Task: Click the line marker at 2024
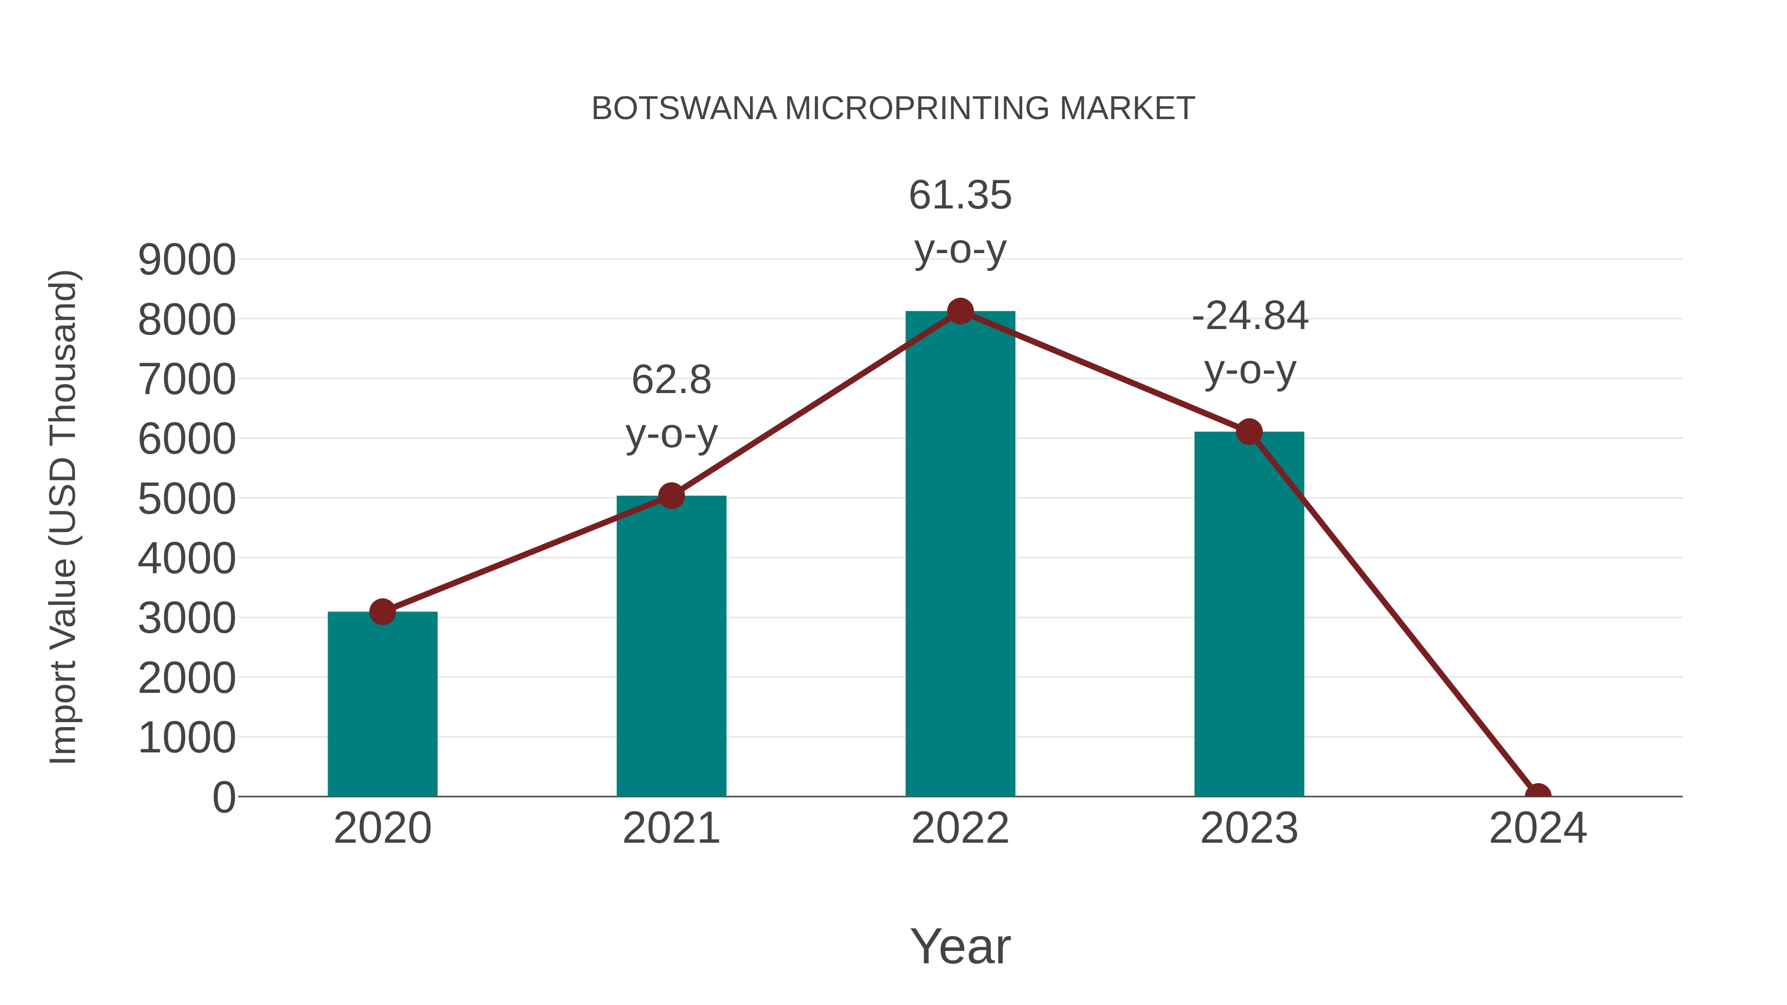click(x=1537, y=795)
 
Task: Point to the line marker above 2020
click(x=382, y=612)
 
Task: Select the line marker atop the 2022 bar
click(x=960, y=311)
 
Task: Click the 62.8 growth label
click(x=671, y=380)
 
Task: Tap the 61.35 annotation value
click(x=960, y=195)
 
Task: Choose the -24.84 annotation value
click(x=1249, y=316)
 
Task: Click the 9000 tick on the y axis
click(x=187, y=260)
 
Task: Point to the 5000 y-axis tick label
click(x=187, y=499)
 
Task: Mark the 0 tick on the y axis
click(x=224, y=797)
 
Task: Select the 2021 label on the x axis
click(x=671, y=828)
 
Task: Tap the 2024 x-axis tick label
click(x=1537, y=828)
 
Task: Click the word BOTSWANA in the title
click(x=684, y=108)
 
